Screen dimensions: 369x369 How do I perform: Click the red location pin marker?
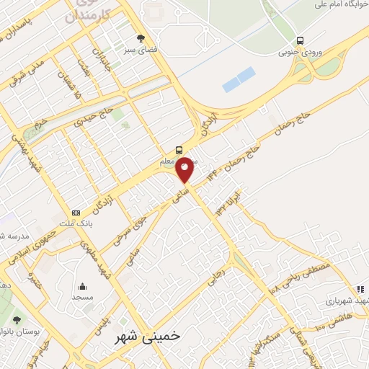point(185,169)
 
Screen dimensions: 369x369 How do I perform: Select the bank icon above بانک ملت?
point(76,213)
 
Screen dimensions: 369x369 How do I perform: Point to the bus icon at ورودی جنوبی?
point(300,40)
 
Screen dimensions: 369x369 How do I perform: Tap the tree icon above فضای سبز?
point(141,39)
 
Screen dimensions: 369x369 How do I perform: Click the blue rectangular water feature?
point(239,79)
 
